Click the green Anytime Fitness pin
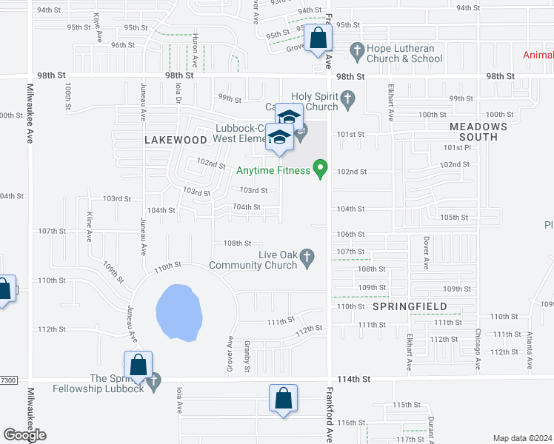[320, 169]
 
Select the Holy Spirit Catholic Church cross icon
[347, 97]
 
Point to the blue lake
[178, 312]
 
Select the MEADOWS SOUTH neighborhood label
[479, 132]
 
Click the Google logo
[24, 435]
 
